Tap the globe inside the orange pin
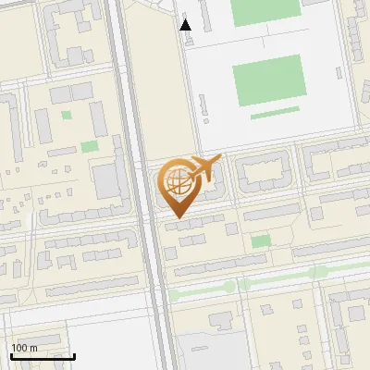tap(176, 181)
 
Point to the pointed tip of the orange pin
tap(176, 217)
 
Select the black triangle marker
tap(186, 25)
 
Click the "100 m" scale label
tap(24, 348)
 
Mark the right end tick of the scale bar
tap(74, 355)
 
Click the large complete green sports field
tap(268, 80)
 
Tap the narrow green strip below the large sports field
tap(275, 115)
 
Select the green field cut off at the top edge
tap(265, 11)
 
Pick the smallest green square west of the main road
tap(66, 116)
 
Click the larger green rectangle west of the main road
tap(89, 146)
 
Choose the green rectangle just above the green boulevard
tap(261, 240)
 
